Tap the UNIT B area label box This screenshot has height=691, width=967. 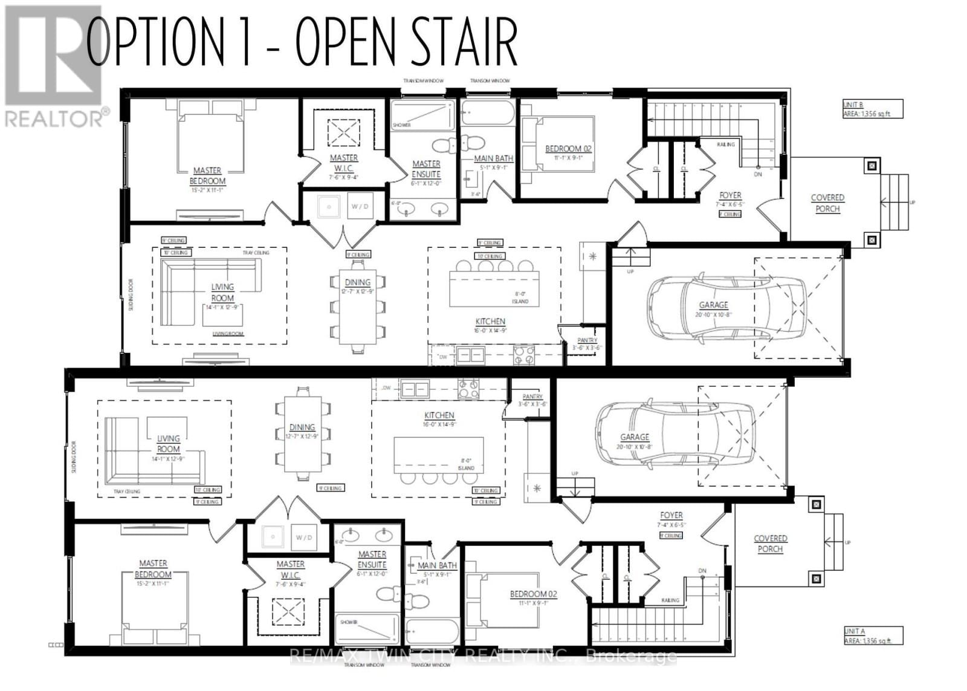coord(872,109)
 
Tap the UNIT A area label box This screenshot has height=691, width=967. coord(873,635)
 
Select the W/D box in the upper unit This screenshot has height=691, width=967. coord(360,207)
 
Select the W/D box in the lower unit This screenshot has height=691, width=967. coord(304,537)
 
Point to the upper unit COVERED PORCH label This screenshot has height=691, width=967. coord(827,203)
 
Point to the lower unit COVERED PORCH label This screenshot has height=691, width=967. coord(770,543)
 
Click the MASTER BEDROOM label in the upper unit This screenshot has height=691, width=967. coord(207,176)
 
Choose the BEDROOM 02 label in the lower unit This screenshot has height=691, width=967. coord(533,594)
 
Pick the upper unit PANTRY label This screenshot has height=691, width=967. coord(587,340)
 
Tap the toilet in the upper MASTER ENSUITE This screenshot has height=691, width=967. coord(445,146)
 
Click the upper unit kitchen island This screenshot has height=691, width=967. coord(493,289)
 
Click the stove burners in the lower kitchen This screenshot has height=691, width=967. coord(468,389)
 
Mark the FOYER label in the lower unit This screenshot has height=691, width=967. coord(671,516)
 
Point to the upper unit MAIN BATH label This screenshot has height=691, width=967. coord(493,158)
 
